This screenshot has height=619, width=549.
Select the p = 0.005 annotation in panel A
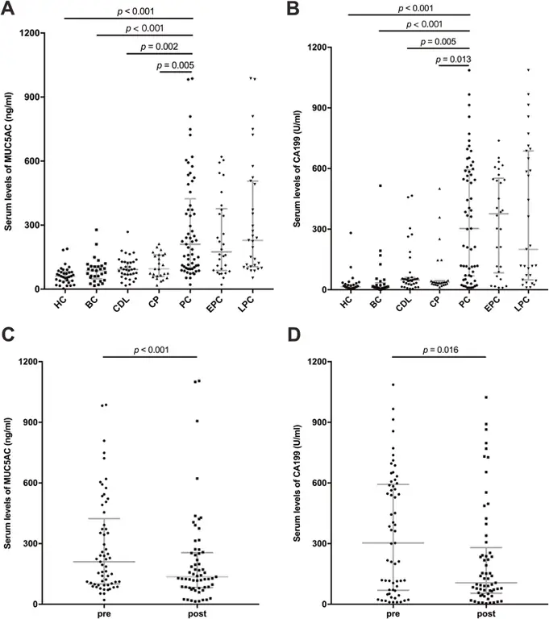(x=175, y=64)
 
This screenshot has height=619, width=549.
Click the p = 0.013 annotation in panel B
(x=454, y=58)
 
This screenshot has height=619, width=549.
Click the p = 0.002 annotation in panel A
(x=160, y=47)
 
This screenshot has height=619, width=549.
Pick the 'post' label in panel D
(x=487, y=614)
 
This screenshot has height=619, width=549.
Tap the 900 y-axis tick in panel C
(x=31, y=422)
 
